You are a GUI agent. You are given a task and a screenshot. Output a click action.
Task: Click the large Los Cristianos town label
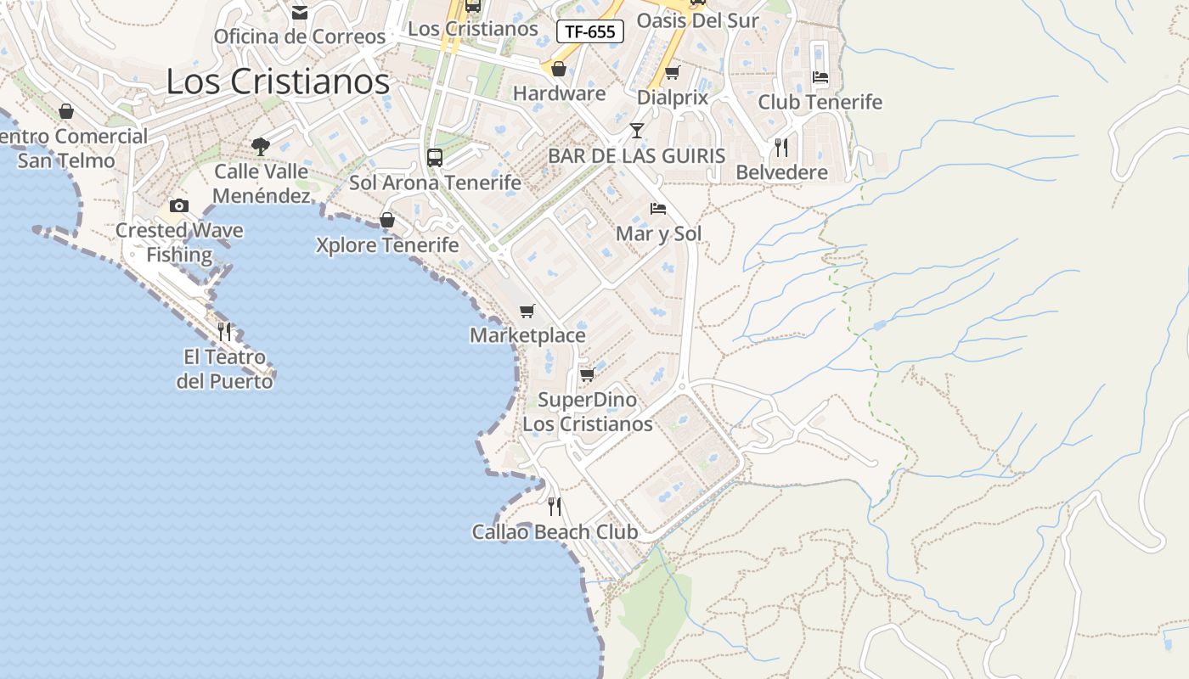click(278, 81)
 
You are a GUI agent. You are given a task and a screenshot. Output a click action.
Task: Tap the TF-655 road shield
click(590, 32)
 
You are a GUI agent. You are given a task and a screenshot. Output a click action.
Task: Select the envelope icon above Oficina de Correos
click(300, 13)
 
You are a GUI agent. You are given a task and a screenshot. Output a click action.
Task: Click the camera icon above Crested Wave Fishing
click(178, 205)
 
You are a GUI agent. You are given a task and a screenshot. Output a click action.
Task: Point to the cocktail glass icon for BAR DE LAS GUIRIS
click(637, 130)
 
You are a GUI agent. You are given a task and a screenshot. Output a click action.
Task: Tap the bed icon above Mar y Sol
click(658, 209)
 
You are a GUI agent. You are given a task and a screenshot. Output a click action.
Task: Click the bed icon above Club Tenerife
click(820, 77)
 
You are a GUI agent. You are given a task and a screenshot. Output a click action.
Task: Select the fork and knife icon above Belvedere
click(781, 148)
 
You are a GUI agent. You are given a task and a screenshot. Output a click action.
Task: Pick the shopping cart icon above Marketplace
click(527, 311)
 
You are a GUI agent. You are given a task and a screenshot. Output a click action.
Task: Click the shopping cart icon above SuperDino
click(587, 374)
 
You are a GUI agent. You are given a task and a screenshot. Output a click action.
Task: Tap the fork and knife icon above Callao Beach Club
click(555, 507)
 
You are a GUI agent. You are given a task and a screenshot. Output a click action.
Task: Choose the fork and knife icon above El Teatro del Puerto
click(224, 331)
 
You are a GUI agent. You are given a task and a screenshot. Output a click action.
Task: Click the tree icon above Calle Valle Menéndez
click(261, 146)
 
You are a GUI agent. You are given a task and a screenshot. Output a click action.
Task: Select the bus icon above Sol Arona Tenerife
click(435, 157)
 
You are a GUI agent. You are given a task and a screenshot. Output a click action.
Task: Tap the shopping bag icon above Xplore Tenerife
click(387, 221)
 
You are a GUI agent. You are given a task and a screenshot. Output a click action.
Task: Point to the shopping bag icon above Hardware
click(559, 69)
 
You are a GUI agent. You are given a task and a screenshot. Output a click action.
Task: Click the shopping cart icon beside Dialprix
click(673, 72)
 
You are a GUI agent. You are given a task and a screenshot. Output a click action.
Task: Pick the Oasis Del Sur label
click(697, 20)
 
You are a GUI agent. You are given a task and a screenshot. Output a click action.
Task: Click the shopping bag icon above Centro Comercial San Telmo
click(66, 111)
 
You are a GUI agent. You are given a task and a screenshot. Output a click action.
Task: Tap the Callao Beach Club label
click(555, 532)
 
